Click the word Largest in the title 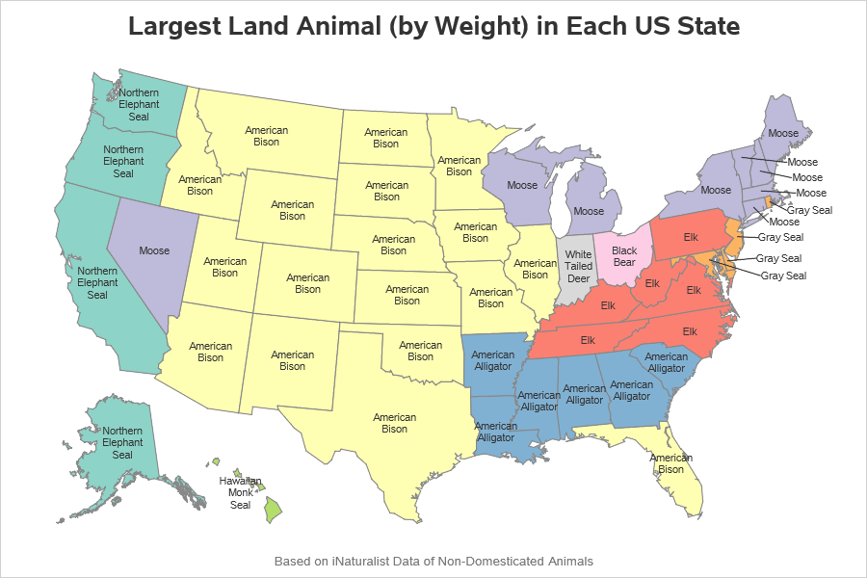click(172, 26)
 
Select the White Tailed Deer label click(579, 266)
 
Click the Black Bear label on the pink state click(624, 257)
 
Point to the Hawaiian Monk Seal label click(240, 491)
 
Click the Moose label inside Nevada click(154, 250)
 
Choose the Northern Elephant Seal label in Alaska click(122, 442)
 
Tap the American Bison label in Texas click(395, 423)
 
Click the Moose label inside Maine click(783, 133)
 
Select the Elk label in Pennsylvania click(690, 236)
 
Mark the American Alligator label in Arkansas click(493, 360)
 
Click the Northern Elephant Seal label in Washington click(139, 104)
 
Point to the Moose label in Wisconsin click(522, 185)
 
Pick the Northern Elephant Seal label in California click(97, 283)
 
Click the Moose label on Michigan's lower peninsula click(589, 211)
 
